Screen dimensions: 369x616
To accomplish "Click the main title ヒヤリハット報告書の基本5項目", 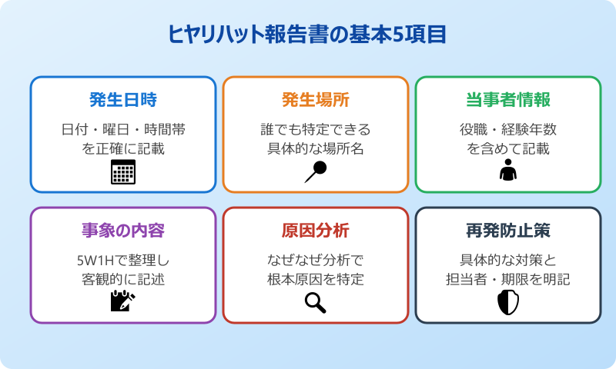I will tap(307, 35).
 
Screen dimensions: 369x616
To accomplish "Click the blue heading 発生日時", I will tap(123, 101).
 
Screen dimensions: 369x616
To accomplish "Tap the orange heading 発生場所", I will tap(316, 101).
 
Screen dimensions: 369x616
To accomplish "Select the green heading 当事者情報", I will tap(508, 101).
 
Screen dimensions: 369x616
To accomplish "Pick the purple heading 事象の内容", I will tap(123, 231).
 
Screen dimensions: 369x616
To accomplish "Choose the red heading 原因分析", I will tap(316, 231).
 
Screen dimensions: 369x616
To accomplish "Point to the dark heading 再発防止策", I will tap(508, 231).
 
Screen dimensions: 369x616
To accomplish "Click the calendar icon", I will tap(123, 172).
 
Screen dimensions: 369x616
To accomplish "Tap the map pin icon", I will tap(316, 171).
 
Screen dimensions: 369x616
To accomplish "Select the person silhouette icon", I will tap(508, 170).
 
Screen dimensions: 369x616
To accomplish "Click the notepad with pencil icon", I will tap(123, 301).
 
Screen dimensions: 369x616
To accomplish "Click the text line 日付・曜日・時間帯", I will tap(123, 130).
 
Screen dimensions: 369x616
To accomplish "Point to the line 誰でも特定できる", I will tap(316, 130).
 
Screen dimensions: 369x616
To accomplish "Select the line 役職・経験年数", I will tap(508, 130).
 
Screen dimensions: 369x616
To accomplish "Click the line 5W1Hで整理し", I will tap(123, 260).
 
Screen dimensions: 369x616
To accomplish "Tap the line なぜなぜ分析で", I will tap(316, 260).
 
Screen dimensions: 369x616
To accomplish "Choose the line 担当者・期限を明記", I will tap(508, 278).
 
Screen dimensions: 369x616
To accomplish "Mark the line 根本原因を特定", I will tap(316, 278).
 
